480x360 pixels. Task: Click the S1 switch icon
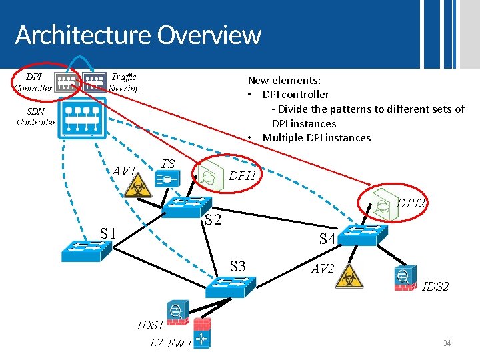[x=81, y=250]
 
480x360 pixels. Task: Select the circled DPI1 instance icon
[x=208, y=176]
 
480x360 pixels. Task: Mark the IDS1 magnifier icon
[x=176, y=313]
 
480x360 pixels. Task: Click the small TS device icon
[x=166, y=179]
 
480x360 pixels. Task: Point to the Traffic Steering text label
[x=125, y=83]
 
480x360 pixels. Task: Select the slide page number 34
[x=447, y=343]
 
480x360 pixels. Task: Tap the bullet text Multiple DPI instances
[x=316, y=138]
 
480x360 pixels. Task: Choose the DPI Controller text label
[x=33, y=83]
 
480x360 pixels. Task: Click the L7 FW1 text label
[x=170, y=343]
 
